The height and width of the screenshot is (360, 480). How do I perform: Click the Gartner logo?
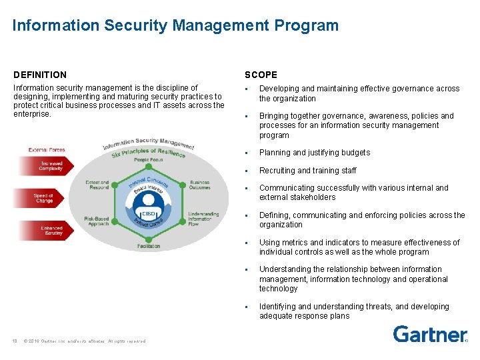coord(429,334)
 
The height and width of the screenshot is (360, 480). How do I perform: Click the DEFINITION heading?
coord(40,75)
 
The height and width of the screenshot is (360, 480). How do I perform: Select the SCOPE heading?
coord(261,75)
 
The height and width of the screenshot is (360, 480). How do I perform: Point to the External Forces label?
coord(47,150)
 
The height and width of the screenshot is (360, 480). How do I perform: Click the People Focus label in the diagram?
coord(148,160)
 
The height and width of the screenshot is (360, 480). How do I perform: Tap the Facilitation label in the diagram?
coord(148,246)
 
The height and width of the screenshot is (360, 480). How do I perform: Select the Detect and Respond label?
coord(98,185)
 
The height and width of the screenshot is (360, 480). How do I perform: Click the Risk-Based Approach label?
coord(97,221)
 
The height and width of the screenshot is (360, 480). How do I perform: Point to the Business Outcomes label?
coord(199,185)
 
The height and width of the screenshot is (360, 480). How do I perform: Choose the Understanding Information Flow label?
coord(200,219)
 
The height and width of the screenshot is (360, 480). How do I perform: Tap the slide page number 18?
coord(14,341)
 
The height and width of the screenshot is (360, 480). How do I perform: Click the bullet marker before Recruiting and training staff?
coord(246,171)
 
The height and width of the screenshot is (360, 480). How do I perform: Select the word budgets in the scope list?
coord(355,153)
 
